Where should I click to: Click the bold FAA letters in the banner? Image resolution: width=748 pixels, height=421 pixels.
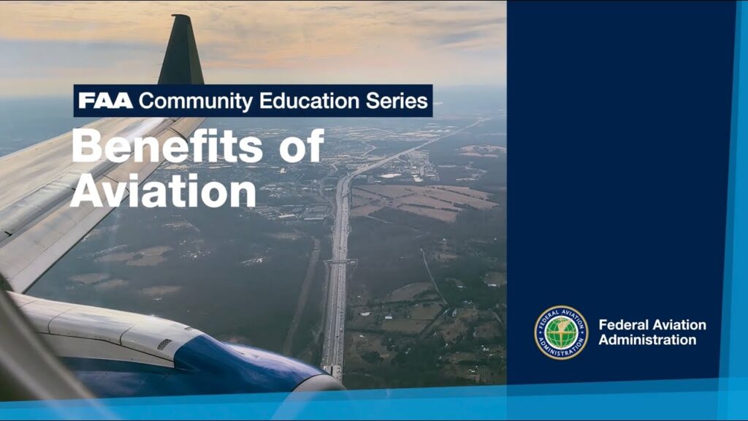pyautogui.click(x=105, y=101)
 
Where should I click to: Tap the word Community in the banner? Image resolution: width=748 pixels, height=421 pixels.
pyautogui.click(x=196, y=102)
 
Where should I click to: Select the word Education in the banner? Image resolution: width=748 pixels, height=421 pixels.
pyautogui.click(x=309, y=101)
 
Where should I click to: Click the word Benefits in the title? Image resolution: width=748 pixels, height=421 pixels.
pyautogui.click(x=167, y=146)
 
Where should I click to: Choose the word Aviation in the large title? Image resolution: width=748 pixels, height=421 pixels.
pyautogui.click(x=163, y=191)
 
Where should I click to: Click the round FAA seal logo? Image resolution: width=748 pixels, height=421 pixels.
pyautogui.click(x=561, y=333)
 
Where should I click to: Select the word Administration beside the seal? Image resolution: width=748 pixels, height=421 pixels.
pyautogui.click(x=647, y=340)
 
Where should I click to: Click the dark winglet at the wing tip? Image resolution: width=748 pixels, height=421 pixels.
pyautogui.click(x=182, y=50)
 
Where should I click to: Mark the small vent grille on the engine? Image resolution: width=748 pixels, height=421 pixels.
pyautogui.click(x=164, y=344)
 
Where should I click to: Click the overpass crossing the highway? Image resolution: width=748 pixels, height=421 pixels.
pyautogui.click(x=339, y=261)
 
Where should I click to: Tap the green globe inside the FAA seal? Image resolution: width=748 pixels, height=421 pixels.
pyautogui.click(x=561, y=333)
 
